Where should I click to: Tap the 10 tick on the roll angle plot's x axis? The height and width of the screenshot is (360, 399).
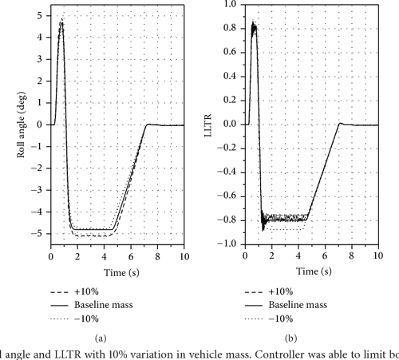184,258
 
